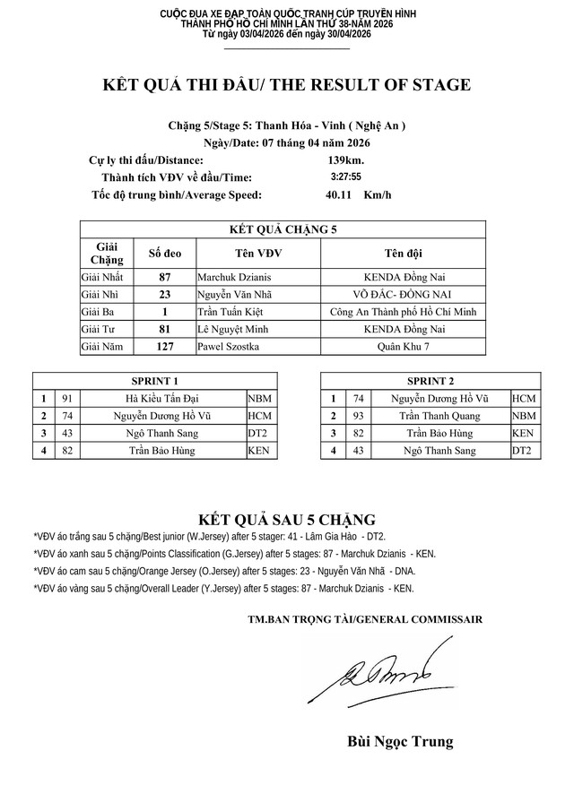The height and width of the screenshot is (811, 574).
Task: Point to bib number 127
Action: tap(165, 346)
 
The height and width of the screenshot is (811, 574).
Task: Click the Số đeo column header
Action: tap(165, 253)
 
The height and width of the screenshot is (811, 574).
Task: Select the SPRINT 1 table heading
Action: tap(155, 381)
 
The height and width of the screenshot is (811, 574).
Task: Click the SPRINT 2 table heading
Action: tap(430, 381)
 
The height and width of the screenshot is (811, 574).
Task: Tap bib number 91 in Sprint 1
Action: tap(66, 398)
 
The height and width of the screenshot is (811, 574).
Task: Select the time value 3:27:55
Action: tap(345, 177)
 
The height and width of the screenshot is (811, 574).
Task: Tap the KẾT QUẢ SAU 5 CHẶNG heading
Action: tap(286, 520)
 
